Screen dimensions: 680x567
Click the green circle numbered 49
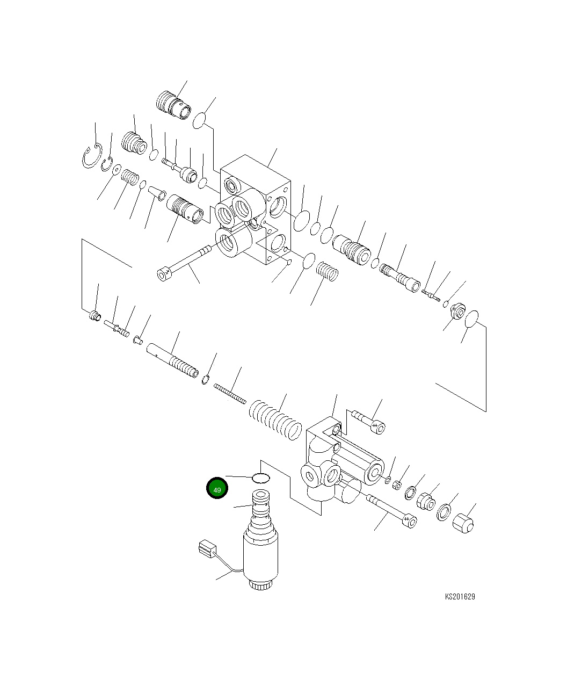point(217,489)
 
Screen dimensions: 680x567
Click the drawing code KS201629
point(460,597)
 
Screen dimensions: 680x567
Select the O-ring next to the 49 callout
point(261,478)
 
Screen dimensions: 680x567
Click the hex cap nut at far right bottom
point(463,523)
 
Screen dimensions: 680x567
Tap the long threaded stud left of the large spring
point(230,393)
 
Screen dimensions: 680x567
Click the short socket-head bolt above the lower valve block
point(369,421)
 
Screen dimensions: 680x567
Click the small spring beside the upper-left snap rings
point(129,177)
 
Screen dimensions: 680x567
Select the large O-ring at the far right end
point(471,319)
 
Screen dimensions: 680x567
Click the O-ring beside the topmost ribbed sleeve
point(200,120)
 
